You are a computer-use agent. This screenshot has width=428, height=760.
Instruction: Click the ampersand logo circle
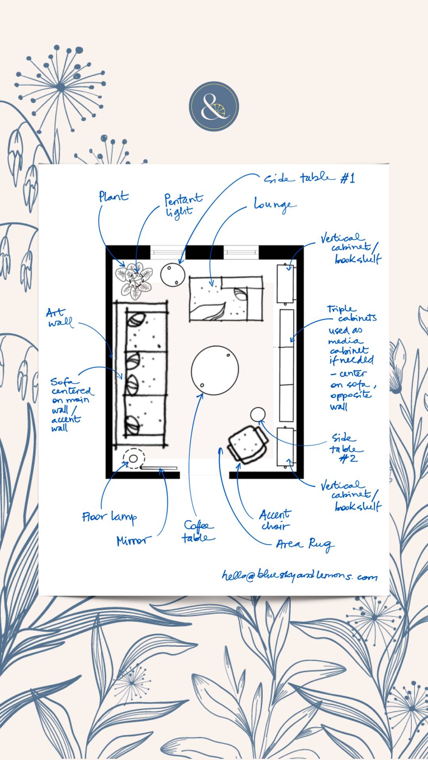(x=214, y=106)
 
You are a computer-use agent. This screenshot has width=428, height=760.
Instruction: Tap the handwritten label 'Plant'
(x=114, y=197)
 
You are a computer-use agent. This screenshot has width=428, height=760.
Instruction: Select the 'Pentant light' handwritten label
(x=183, y=205)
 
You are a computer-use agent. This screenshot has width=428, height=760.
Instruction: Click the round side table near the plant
(x=173, y=274)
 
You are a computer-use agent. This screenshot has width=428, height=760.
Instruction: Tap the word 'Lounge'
(x=275, y=205)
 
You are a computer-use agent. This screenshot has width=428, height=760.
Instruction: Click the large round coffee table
(x=215, y=370)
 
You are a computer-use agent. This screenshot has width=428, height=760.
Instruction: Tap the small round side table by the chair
(x=258, y=414)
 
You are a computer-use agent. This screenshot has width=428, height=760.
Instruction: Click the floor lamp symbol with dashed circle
(x=134, y=459)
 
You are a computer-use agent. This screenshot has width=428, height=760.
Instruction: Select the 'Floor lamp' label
(x=109, y=517)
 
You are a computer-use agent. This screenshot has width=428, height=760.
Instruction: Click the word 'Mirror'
(x=134, y=541)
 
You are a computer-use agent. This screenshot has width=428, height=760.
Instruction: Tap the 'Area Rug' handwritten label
(x=304, y=545)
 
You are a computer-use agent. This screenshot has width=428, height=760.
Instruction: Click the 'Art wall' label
(x=60, y=318)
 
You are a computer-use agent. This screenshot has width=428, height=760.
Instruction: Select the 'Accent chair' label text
(x=275, y=520)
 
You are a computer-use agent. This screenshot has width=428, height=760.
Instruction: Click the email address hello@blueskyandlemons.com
(x=299, y=576)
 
